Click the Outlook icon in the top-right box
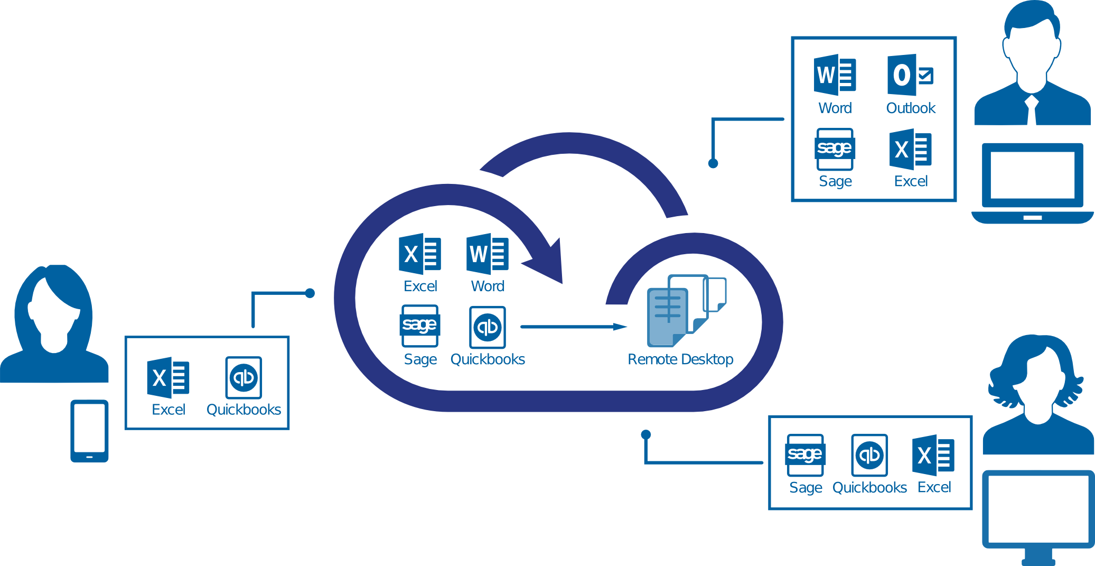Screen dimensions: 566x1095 click(x=910, y=75)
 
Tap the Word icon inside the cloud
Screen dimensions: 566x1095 click(x=487, y=254)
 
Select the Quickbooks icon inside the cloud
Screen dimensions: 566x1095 click(x=487, y=327)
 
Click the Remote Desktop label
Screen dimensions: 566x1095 click(x=680, y=359)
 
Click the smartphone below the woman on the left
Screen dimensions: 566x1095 click(x=89, y=431)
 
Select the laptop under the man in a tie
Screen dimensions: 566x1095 click(x=1032, y=183)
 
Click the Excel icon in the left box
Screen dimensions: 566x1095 click(x=168, y=378)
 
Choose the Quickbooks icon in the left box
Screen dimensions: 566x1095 click(x=244, y=377)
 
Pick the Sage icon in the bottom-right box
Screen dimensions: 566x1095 click(x=805, y=455)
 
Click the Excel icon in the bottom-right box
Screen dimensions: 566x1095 click(x=933, y=455)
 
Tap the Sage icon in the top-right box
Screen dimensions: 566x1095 click(x=835, y=149)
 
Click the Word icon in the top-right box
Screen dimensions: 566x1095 click(x=835, y=75)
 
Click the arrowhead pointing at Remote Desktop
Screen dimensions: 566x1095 click(x=620, y=327)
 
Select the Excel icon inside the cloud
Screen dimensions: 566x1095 click(x=420, y=254)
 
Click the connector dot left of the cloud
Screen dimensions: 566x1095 click(x=310, y=293)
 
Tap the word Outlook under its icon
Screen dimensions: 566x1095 click(x=911, y=108)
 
